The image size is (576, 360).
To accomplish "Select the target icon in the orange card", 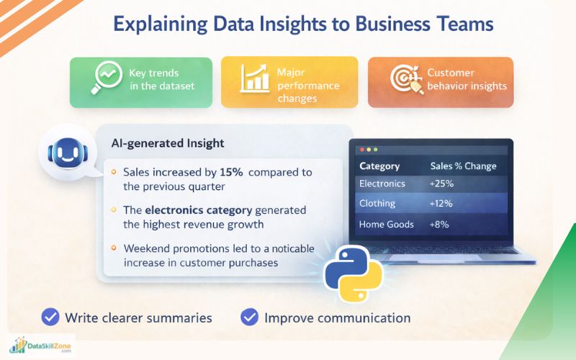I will coord(405,81).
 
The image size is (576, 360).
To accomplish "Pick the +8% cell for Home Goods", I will coord(440,224).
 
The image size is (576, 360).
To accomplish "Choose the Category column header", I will coord(379,166).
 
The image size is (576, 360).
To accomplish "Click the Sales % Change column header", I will coord(463,166).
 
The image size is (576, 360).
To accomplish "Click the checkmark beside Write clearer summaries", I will coord(50,317).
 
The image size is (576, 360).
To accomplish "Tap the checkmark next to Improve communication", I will coord(249,317).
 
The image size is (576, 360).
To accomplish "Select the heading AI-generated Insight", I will coord(168,143).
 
